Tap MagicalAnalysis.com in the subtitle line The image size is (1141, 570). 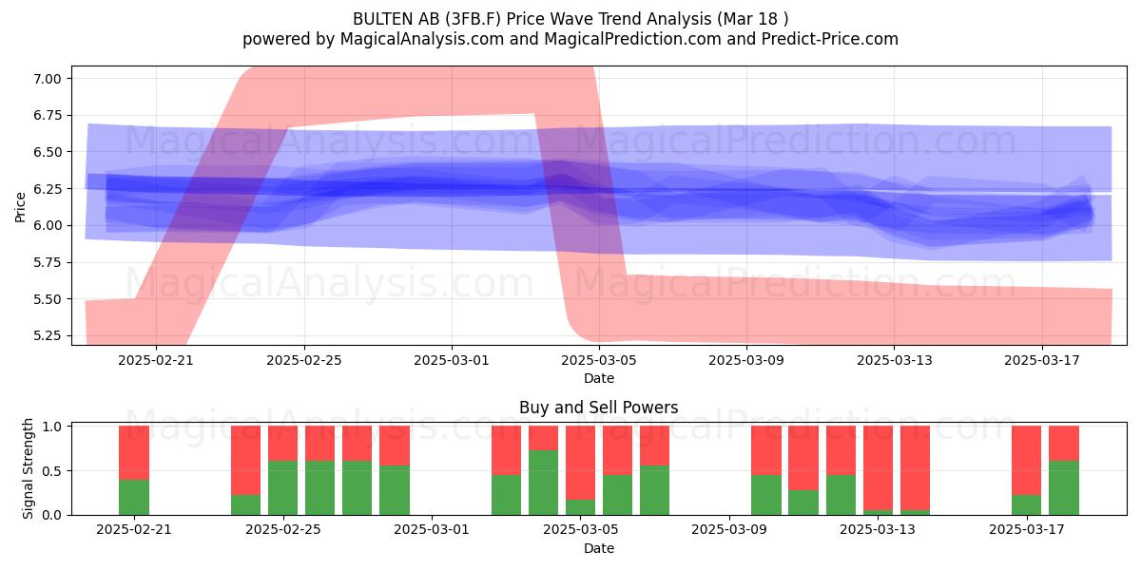point(422,39)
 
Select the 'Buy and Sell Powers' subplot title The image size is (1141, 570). point(598,408)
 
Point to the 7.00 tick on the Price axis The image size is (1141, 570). point(47,78)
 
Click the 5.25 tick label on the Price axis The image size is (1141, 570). point(47,336)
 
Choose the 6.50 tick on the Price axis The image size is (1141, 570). point(47,152)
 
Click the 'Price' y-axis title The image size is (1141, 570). point(20,207)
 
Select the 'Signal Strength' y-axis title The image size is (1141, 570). point(28,468)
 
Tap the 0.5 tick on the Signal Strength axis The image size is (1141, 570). point(52,471)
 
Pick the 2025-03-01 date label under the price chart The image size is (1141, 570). point(452,360)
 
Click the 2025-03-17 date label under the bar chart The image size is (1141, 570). point(1027,530)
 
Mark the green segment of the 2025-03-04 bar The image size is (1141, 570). point(543,483)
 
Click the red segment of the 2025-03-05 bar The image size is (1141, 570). point(580,463)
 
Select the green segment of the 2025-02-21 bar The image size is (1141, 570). point(134,497)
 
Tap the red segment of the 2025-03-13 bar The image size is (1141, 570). point(878,467)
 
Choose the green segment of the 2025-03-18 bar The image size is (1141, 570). point(1064,488)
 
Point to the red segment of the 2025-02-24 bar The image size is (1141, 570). point(245,460)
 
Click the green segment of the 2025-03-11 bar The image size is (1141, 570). point(803,503)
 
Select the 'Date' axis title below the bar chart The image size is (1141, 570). point(598,549)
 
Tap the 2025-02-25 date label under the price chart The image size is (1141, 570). point(304,360)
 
